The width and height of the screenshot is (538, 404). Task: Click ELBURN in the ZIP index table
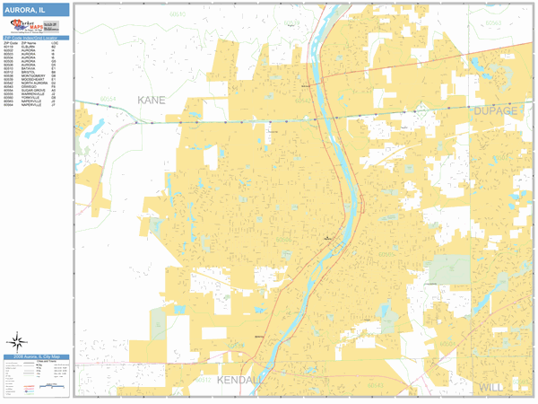(x=27, y=44)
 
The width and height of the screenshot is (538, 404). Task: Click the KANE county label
(x=152, y=100)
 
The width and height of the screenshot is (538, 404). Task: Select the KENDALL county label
(x=239, y=381)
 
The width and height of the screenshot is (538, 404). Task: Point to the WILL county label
(x=491, y=387)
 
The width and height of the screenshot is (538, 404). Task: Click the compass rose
(x=15, y=341)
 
